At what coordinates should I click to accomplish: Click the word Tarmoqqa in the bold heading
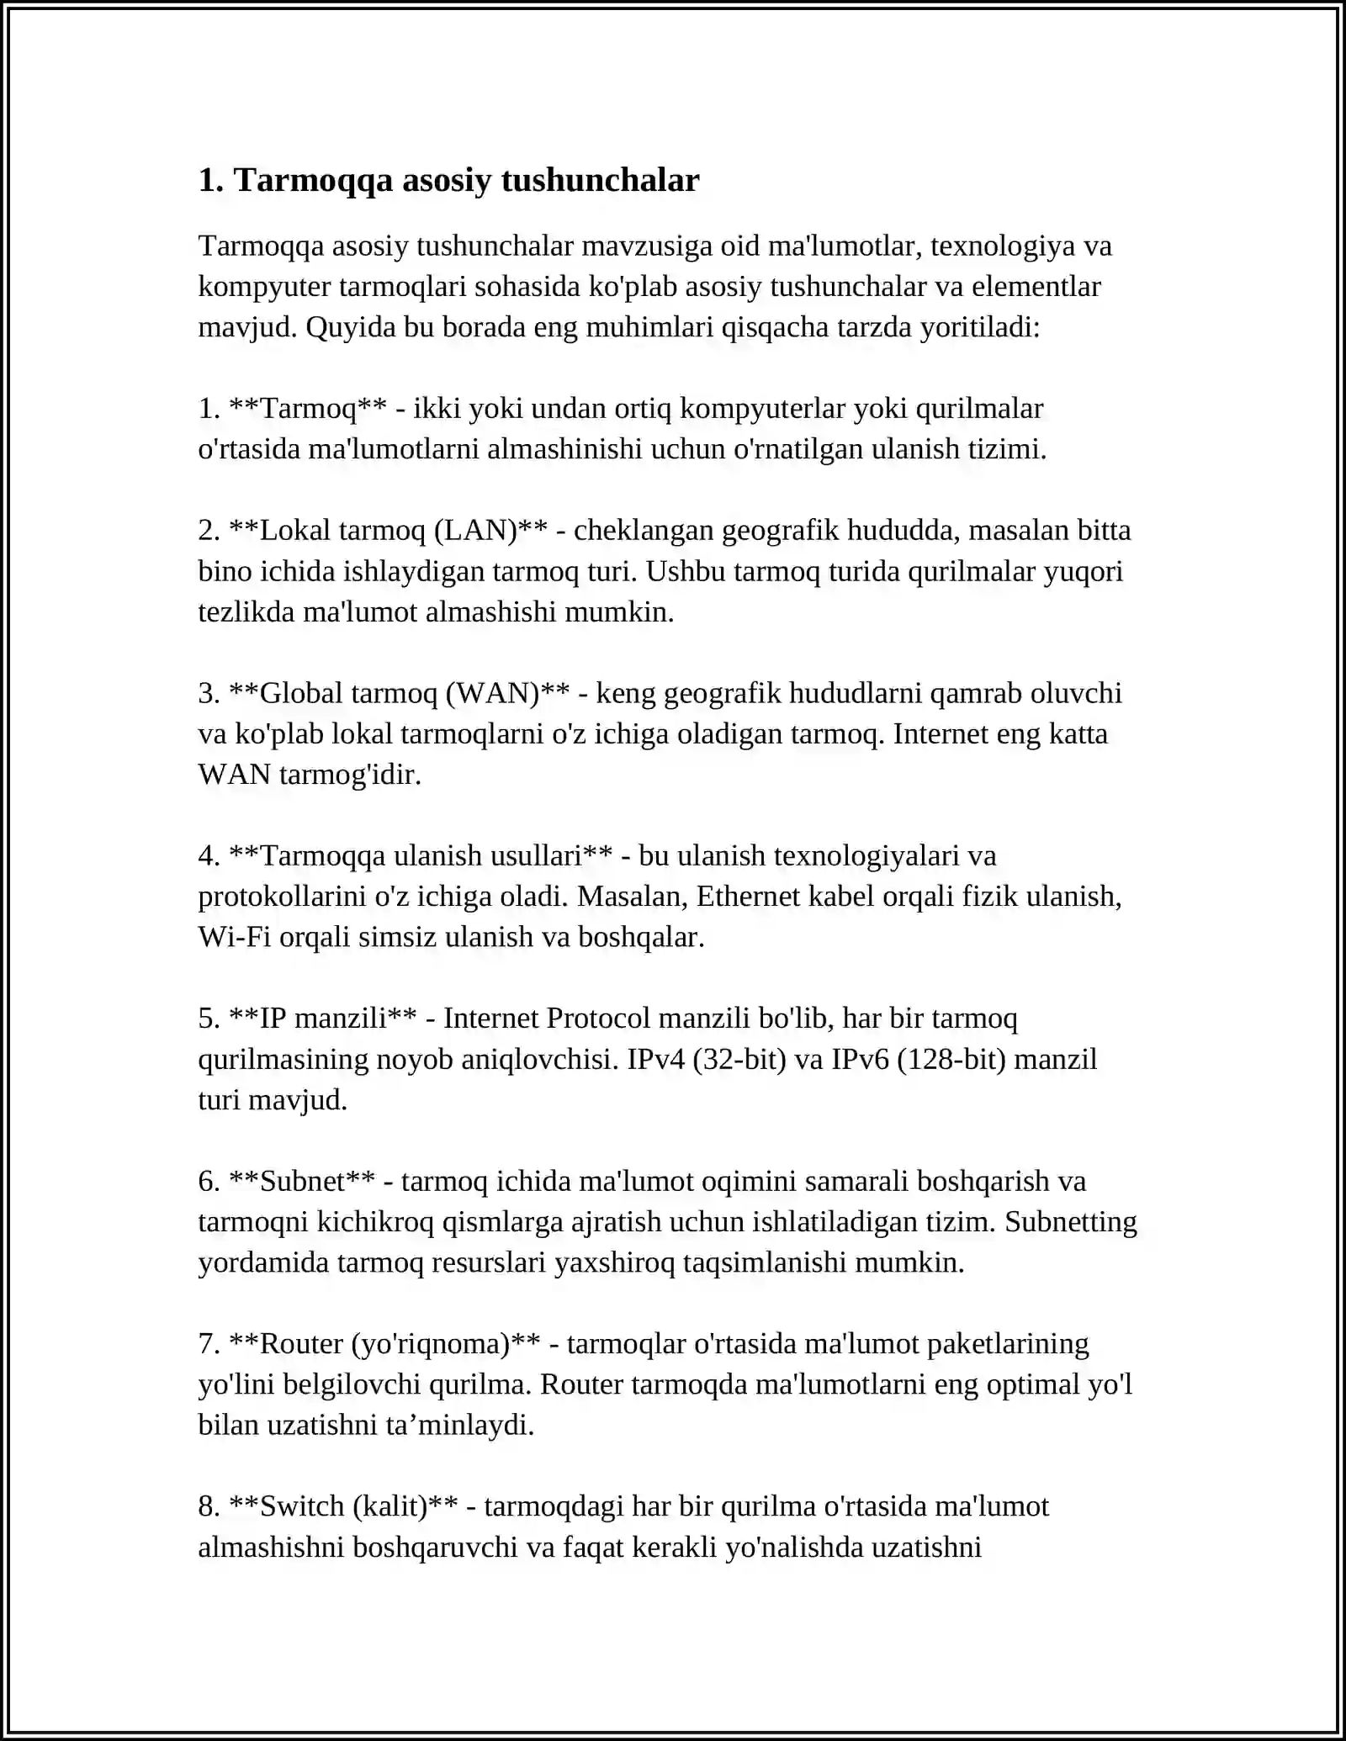coord(313,181)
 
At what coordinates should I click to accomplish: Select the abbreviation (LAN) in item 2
coord(476,531)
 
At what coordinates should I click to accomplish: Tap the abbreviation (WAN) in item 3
coord(493,693)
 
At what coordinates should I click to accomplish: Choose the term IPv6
coord(860,1059)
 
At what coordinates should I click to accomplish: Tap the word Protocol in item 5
coord(598,1019)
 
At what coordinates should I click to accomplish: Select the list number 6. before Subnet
coord(209,1182)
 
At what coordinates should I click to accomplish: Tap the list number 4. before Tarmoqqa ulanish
coord(209,856)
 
